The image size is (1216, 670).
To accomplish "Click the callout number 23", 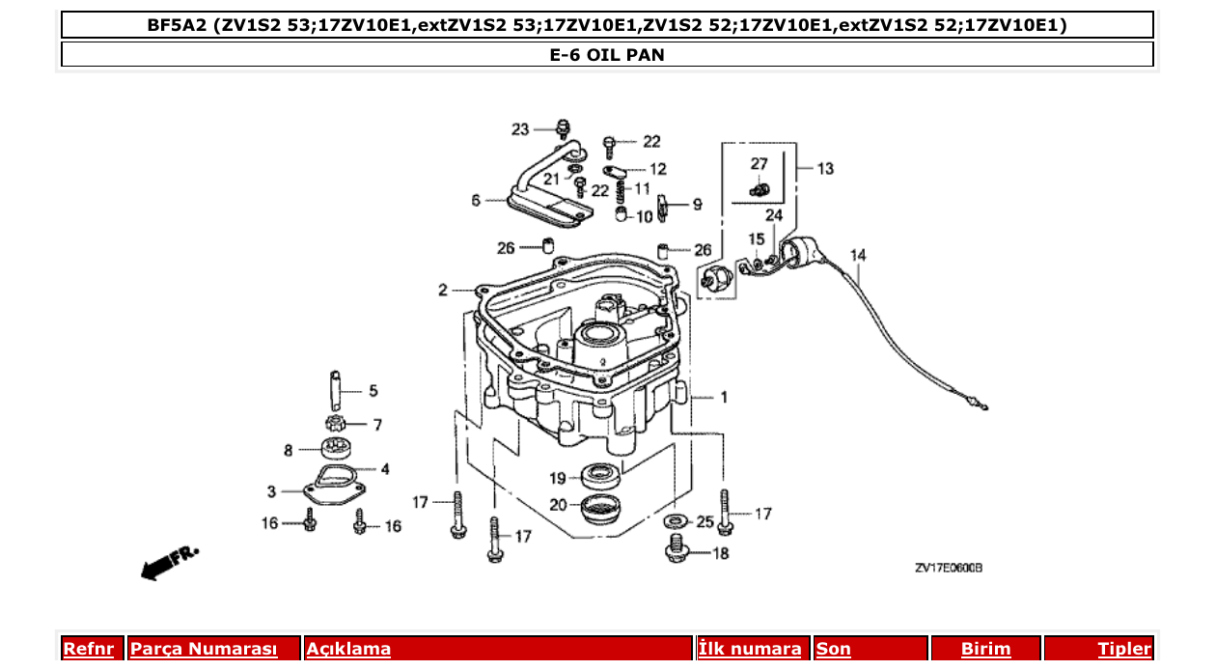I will click(520, 129).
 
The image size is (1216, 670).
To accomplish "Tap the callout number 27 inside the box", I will click(759, 164).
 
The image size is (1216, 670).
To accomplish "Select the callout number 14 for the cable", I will click(857, 255).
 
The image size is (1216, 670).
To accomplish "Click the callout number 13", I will click(825, 169).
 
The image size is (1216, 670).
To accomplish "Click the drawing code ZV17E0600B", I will click(948, 569).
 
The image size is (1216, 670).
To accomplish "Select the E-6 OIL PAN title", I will click(607, 55).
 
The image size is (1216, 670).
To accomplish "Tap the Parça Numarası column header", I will click(204, 649).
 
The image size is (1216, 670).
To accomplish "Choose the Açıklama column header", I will click(348, 649).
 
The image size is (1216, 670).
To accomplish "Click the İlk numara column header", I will click(749, 649).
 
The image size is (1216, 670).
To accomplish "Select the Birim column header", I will click(985, 649).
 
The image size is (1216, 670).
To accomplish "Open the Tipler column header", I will click(1123, 649).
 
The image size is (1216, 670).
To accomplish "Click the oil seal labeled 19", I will click(601, 476).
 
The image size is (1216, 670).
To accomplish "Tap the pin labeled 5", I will click(335, 391).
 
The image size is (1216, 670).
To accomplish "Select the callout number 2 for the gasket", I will click(442, 290).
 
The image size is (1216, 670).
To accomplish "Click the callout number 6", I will click(475, 201).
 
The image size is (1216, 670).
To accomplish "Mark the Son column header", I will click(834, 649).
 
